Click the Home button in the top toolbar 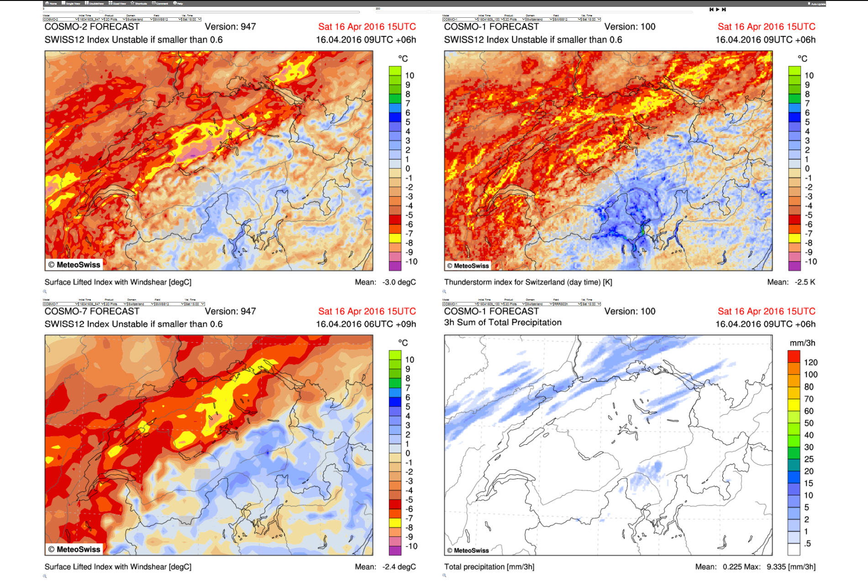51,3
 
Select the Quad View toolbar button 117,3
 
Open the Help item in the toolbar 178,3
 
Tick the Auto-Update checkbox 810,4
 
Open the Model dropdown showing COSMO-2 60,19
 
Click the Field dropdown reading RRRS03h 567,304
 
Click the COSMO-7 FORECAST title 92,312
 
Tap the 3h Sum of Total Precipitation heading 503,323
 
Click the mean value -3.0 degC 399,282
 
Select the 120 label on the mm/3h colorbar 810,362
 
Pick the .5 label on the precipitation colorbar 807,543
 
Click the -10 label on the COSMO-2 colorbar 411,261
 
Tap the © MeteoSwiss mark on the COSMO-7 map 74,549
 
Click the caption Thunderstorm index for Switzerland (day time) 528,282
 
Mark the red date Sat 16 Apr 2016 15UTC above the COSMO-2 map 367,27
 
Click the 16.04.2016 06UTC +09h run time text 366,324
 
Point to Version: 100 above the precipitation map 630,312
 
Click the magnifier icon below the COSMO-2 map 45,291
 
